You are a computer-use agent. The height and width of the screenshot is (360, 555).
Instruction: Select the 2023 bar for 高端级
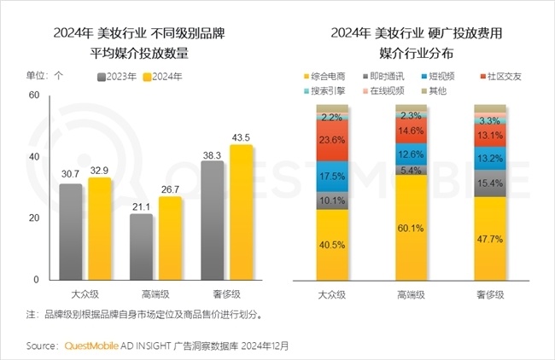pos(142,247)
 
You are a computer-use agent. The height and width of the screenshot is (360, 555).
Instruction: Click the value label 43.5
pos(242,137)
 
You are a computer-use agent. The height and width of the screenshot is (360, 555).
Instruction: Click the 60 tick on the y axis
pos(35,96)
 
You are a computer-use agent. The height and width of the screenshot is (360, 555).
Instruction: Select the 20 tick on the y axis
pos(35,218)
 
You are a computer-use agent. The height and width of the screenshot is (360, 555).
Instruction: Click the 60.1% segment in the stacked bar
pos(410,228)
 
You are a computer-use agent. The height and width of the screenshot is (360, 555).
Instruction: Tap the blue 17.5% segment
pos(332,177)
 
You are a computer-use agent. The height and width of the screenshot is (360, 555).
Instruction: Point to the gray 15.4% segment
pos(489,183)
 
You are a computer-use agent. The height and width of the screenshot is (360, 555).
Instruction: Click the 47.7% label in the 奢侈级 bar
pos(489,240)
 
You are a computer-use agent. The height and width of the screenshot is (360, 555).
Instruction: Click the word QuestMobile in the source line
pos(92,346)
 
